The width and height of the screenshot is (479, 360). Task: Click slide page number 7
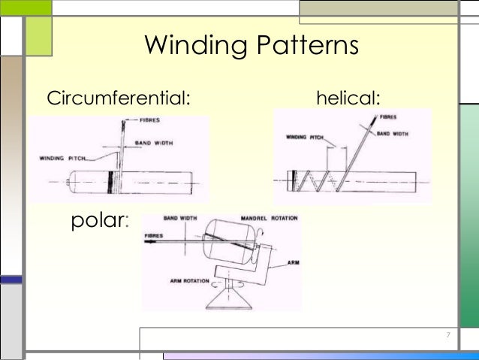tap(447, 334)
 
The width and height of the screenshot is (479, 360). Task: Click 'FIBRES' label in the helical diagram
tap(388, 117)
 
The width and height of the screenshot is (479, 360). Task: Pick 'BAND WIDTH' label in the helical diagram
tap(392, 133)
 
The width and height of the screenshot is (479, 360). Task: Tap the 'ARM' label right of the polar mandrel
tap(293, 264)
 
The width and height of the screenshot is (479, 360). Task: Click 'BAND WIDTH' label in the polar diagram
tap(180, 218)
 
